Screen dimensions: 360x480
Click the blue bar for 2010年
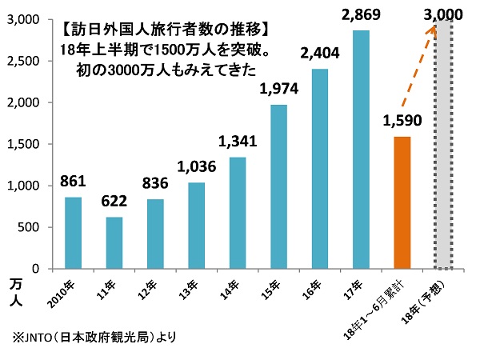click(73, 232)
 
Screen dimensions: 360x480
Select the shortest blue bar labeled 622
click(114, 242)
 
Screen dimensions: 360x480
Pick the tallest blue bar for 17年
click(362, 150)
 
